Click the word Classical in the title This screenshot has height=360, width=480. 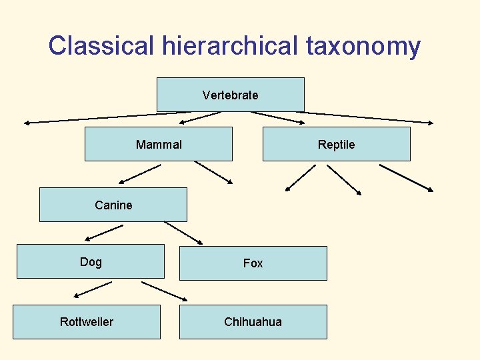pos(101,46)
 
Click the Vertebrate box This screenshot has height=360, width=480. pos(230,95)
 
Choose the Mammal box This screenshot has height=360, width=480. pos(159,144)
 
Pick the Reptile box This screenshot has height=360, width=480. pos(336,144)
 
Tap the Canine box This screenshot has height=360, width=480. pos(113,205)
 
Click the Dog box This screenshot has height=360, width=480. pos(90,261)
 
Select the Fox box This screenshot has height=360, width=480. pos(253,263)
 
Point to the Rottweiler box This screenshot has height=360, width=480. pos(87,322)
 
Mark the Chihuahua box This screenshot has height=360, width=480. pos(253,322)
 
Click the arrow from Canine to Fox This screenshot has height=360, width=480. pos(183,232)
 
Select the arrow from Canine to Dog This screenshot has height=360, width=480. pos(104,232)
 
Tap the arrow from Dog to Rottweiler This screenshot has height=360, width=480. pos(93,289)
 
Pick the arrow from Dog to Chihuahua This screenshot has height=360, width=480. pos(165,291)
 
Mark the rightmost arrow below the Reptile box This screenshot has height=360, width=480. pos(406,178)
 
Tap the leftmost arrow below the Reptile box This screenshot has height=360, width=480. pos(300,177)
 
